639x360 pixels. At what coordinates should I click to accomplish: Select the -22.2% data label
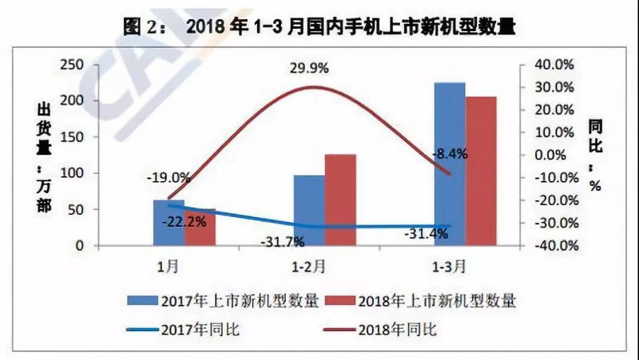point(184,221)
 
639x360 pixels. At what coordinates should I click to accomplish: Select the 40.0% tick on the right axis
point(551,65)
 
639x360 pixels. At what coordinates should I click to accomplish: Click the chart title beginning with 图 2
point(319,26)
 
